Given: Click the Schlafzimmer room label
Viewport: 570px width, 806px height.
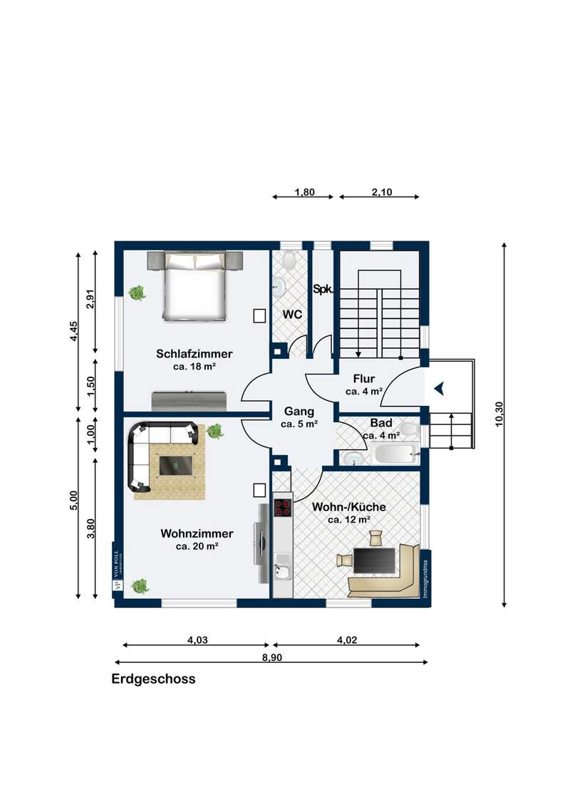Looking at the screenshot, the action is [194, 354].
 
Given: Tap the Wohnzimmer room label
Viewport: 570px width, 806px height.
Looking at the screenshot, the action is [197, 533].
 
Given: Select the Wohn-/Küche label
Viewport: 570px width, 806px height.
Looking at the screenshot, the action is [349, 507].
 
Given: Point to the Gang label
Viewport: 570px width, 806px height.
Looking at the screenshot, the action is [299, 412].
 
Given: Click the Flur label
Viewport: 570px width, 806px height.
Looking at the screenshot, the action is [363, 379].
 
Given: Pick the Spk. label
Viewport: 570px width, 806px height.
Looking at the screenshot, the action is [323, 289].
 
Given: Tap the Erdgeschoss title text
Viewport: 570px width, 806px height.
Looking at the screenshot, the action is [153, 679].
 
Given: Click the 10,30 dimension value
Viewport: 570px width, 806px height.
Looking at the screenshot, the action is [499, 414].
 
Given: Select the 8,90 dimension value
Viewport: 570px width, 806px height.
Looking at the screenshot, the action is [272, 657].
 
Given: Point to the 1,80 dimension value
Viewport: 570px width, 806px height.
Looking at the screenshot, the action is [304, 192].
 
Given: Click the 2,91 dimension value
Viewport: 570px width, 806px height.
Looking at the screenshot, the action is [90, 299].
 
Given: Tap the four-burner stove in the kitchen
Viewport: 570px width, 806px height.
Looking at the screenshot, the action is [282, 507].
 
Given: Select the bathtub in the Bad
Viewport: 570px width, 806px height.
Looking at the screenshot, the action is [395, 454].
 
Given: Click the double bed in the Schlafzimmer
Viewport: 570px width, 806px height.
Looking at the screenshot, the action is [195, 286].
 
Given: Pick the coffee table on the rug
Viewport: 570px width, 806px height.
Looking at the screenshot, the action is [177, 465].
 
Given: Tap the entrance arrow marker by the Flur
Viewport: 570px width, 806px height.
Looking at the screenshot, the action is [439, 389].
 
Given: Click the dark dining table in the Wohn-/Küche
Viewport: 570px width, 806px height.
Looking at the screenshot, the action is [375, 560].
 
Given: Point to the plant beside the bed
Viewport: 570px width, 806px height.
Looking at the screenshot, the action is [137, 293].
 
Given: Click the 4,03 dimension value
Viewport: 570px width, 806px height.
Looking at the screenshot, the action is [197, 640].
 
